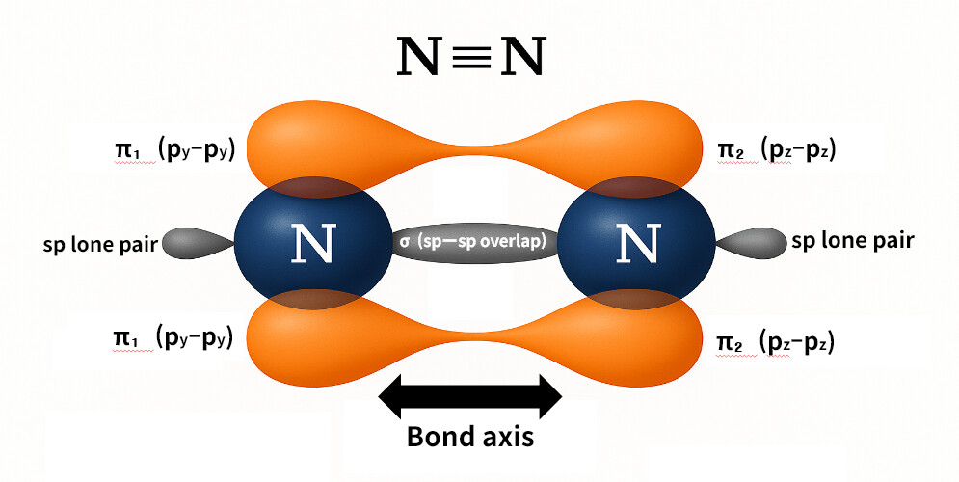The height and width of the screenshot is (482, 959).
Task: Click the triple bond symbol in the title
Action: point(470,58)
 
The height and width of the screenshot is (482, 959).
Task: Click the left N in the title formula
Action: point(421,58)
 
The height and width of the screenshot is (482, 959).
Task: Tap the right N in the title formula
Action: point(519,58)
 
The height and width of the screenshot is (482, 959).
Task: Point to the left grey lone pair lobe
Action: point(195,242)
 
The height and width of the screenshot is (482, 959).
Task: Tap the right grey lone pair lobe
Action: point(755,242)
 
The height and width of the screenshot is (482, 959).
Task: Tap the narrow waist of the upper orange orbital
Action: point(472,152)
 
